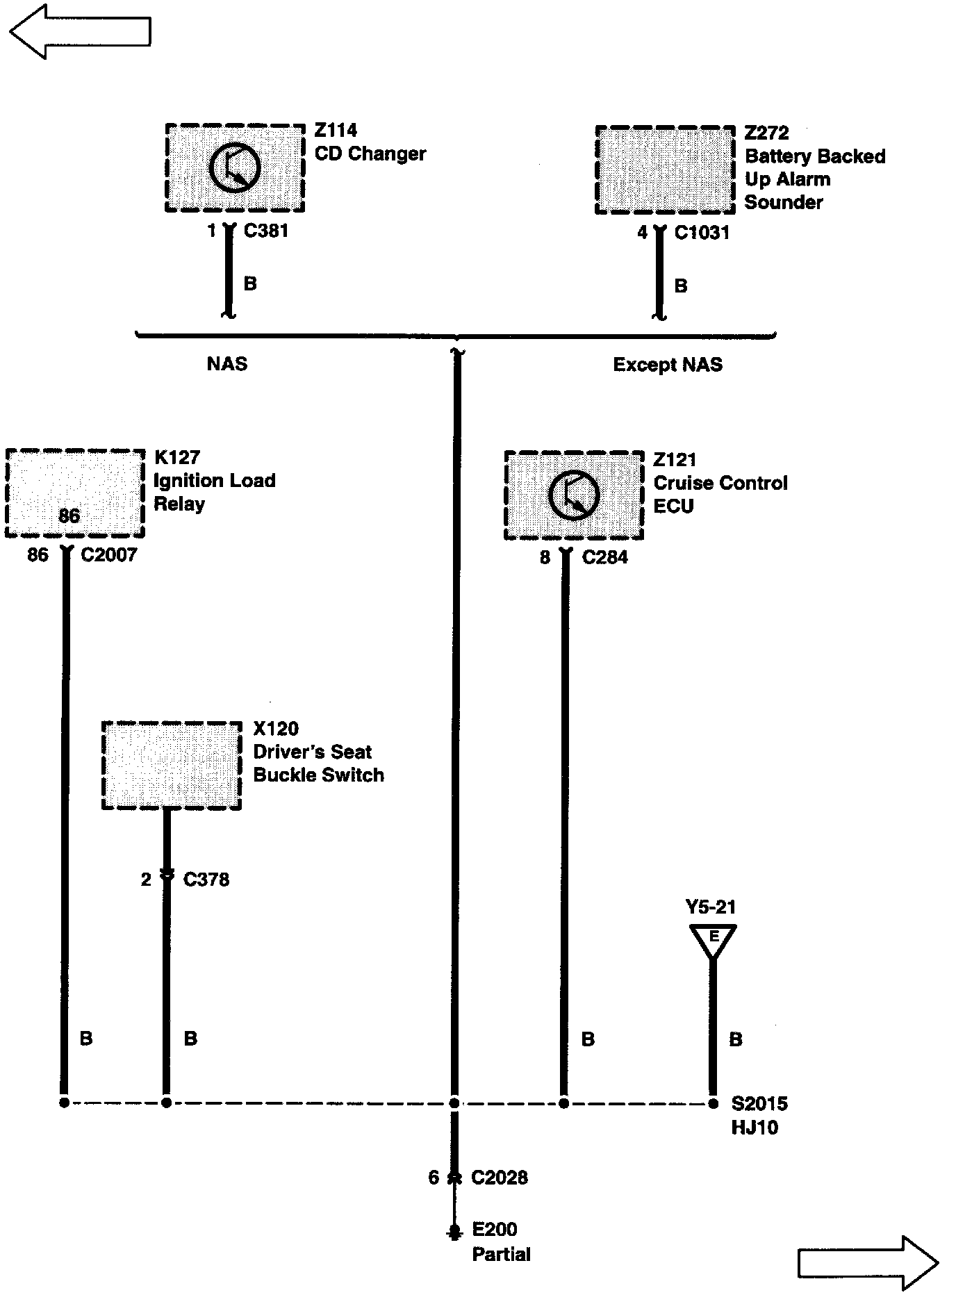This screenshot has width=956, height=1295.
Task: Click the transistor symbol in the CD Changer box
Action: tap(235, 167)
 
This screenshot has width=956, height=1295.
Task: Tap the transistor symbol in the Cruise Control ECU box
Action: tap(574, 495)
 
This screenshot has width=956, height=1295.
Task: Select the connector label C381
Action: tap(266, 231)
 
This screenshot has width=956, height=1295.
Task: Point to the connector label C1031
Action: tap(702, 233)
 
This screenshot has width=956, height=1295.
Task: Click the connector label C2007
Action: tap(109, 555)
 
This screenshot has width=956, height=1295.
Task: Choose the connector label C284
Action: tap(605, 557)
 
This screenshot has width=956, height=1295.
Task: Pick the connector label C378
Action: tap(206, 880)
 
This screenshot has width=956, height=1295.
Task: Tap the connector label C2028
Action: tap(500, 1178)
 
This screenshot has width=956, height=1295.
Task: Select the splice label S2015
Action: tap(759, 1103)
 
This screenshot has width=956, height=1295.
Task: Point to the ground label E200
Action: tap(495, 1230)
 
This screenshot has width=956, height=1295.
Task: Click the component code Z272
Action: tap(766, 133)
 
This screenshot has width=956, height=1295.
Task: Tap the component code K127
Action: tap(176, 457)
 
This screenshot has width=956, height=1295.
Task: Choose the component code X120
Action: tap(276, 729)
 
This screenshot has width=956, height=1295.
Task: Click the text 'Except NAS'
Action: tap(668, 365)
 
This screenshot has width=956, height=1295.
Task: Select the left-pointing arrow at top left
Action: tap(80, 31)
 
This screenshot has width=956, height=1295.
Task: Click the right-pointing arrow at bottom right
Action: tap(868, 1262)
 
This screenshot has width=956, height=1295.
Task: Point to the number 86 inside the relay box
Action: tap(69, 515)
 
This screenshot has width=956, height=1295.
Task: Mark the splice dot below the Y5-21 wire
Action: tap(713, 1103)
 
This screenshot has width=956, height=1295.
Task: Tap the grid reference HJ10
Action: tap(755, 1127)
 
